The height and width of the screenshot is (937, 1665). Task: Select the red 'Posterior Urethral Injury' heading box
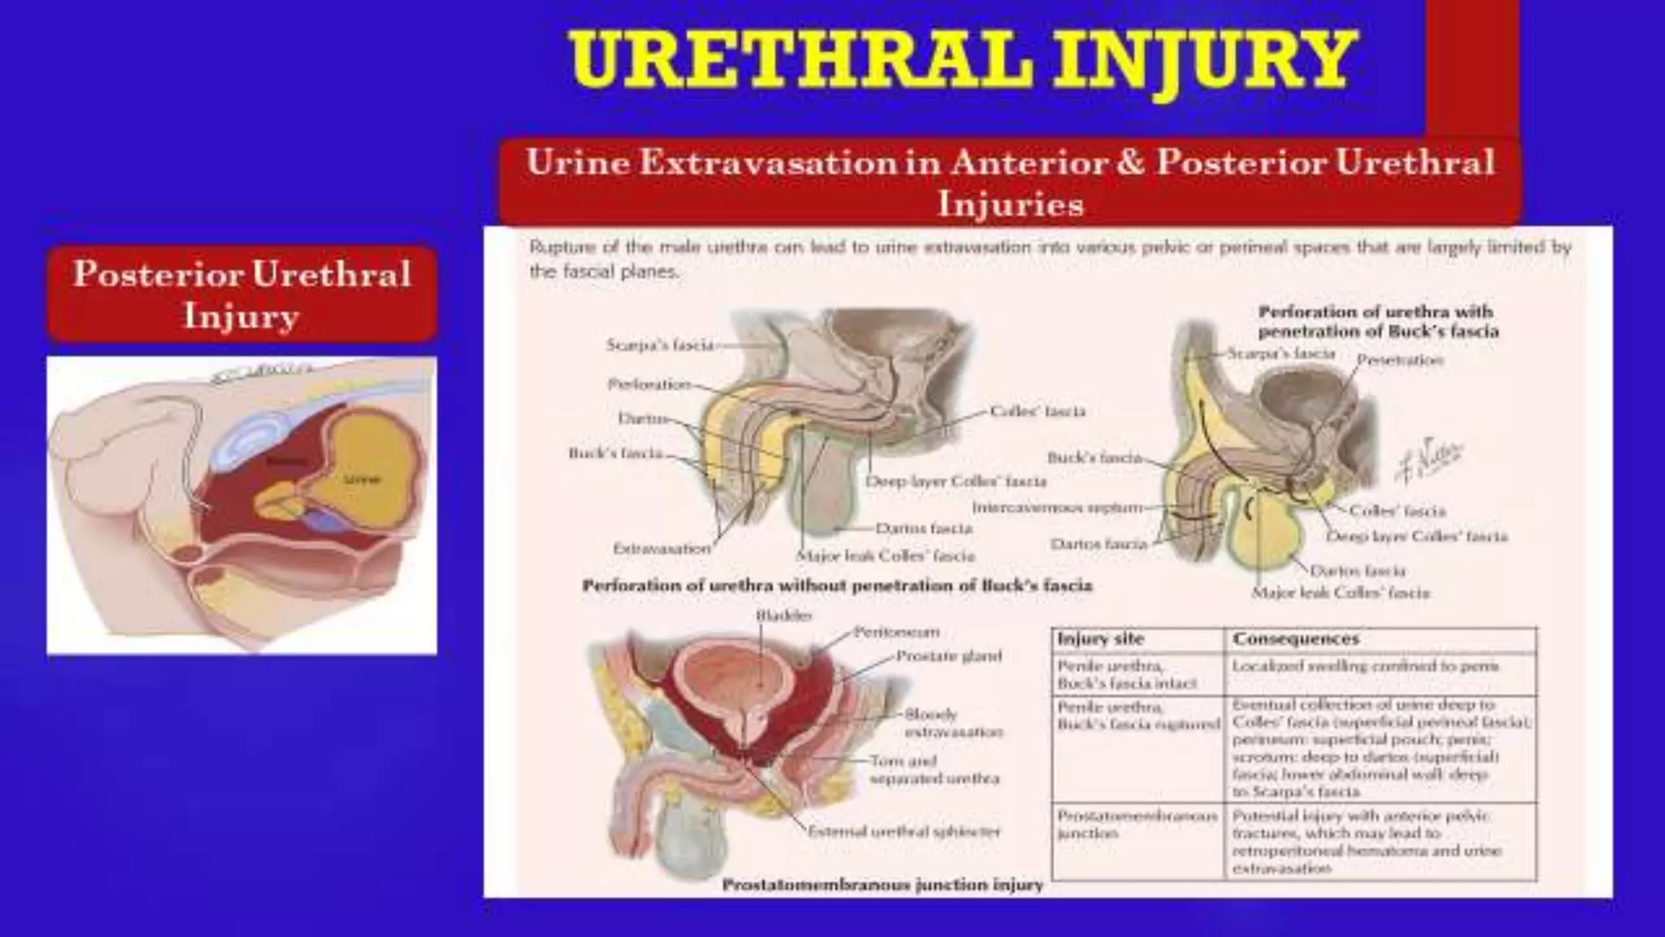click(x=242, y=294)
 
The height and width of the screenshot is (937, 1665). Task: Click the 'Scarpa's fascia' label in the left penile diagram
click(x=659, y=345)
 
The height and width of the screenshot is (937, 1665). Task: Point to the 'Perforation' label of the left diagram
click(x=649, y=384)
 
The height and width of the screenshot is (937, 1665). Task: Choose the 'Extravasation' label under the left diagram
click(x=662, y=548)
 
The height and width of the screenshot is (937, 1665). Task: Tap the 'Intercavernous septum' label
click(x=1057, y=508)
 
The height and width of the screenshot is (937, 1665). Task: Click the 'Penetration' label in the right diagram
click(x=1400, y=360)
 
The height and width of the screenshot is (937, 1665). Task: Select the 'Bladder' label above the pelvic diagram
click(x=784, y=616)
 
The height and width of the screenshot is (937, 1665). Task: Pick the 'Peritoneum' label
click(x=897, y=631)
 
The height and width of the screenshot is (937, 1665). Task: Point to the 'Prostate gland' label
click(x=948, y=656)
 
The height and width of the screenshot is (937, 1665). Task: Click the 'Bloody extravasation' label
click(x=953, y=723)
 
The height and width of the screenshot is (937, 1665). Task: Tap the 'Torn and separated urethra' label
click(x=933, y=769)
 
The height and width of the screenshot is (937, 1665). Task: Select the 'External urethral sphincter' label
click(x=903, y=831)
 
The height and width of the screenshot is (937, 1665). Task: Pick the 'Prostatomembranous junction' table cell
click(x=1137, y=824)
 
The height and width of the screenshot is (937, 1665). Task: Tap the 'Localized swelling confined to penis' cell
click(x=1365, y=666)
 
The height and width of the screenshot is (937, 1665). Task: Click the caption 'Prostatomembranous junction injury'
click(x=882, y=884)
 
